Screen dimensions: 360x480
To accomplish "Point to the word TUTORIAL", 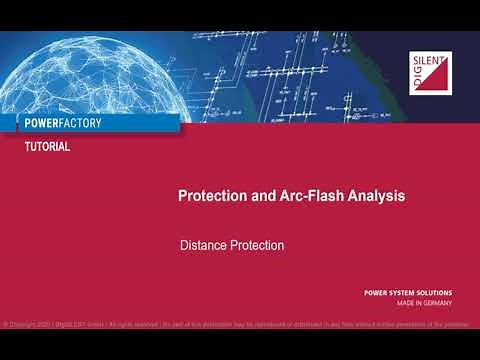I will pos(47,147).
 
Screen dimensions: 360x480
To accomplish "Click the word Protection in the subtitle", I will pos(257,245).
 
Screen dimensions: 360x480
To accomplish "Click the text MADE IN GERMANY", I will pos(422,303).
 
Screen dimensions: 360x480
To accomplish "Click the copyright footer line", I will pos(240,325).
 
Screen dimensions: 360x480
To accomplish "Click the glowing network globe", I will pos(90,70).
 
